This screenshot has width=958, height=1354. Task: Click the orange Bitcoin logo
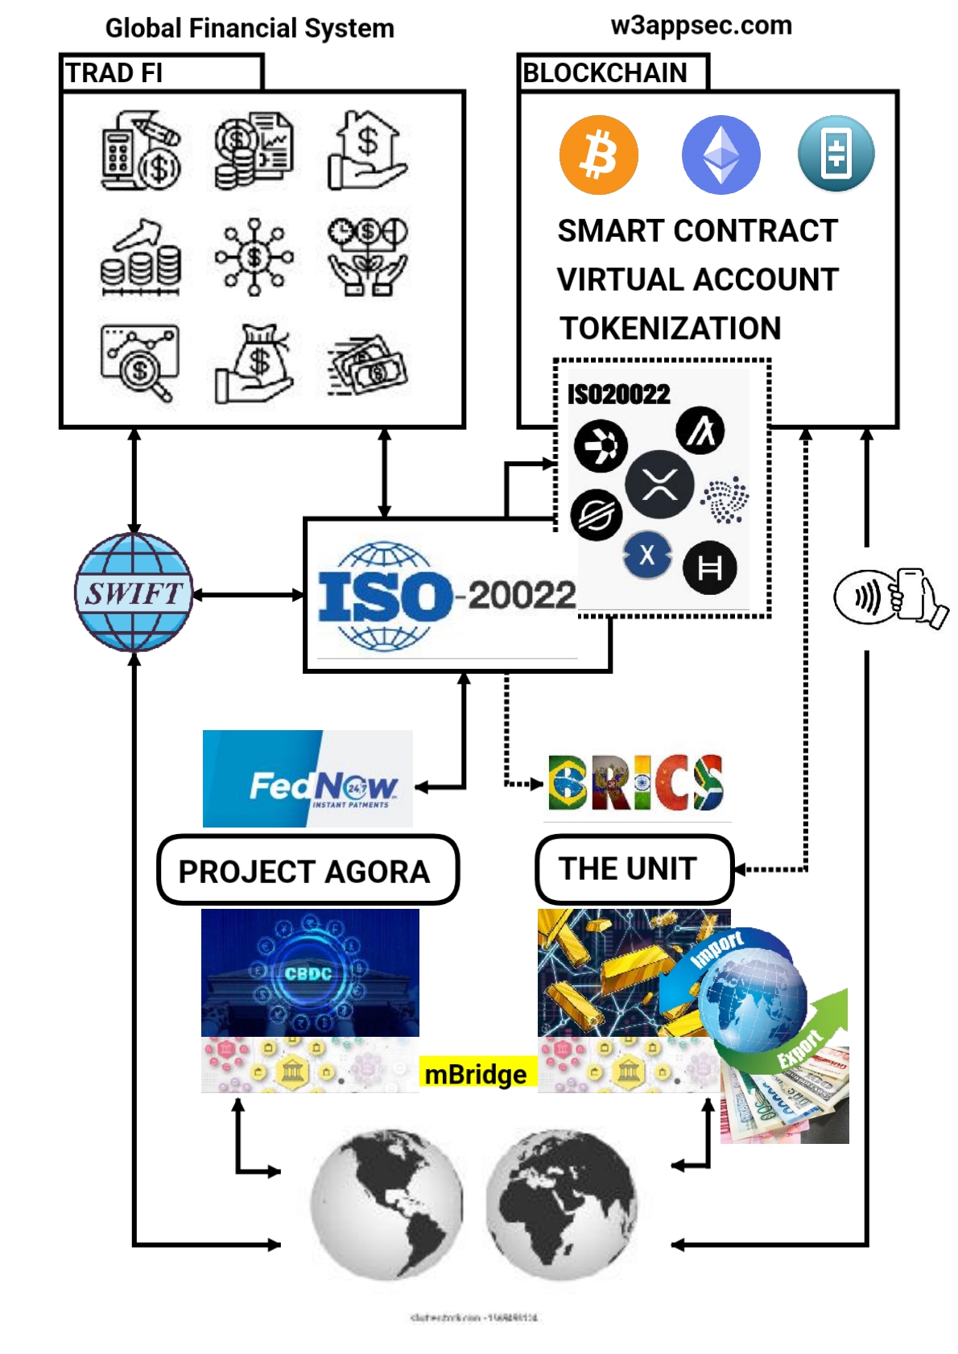[x=598, y=155]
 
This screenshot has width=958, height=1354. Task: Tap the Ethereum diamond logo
[x=721, y=155]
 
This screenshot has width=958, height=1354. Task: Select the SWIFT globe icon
[x=134, y=592]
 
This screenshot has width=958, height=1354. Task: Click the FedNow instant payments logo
[x=308, y=778]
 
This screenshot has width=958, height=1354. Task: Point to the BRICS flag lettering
[x=636, y=782]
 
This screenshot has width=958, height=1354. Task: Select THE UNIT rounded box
[x=634, y=869]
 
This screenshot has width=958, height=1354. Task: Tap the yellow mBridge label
[x=477, y=1074]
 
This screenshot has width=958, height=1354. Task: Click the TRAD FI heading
[x=114, y=73]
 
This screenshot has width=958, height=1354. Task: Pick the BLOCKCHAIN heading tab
[x=605, y=73]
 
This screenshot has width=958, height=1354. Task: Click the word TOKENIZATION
[x=670, y=328]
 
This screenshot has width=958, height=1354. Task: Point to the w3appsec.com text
[x=701, y=25]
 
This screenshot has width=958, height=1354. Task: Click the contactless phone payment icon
[x=890, y=597]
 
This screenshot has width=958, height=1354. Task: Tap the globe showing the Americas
[x=386, y=1203]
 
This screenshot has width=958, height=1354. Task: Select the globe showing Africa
[x=561, y=1203]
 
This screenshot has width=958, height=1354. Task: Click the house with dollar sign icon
[x=367, y=151]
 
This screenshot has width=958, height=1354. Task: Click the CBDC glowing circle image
[x=310, y=972]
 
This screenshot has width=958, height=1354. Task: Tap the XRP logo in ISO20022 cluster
[x=659, y=485]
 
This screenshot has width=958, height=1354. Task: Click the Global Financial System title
[x=250, y=28]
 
